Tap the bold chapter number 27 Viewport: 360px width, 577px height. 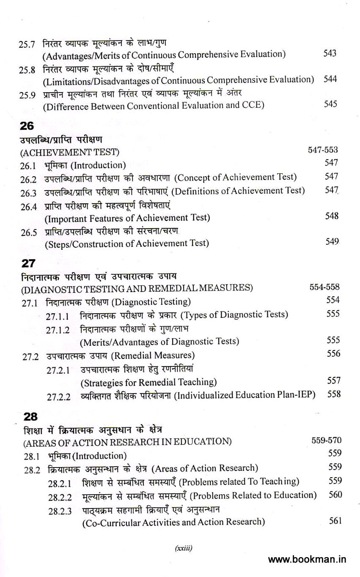28,263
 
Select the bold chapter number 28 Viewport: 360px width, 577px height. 30,417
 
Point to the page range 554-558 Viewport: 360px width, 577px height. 324,287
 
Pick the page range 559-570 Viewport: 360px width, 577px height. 326,440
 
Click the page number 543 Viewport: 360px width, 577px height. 330,53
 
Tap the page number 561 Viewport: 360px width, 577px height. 335,521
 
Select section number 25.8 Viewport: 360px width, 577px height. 27,70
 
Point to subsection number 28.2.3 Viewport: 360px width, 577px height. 60,511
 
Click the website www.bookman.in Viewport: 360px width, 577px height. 307,559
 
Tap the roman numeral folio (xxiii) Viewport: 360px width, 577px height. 183,548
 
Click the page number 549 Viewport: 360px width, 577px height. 332,241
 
